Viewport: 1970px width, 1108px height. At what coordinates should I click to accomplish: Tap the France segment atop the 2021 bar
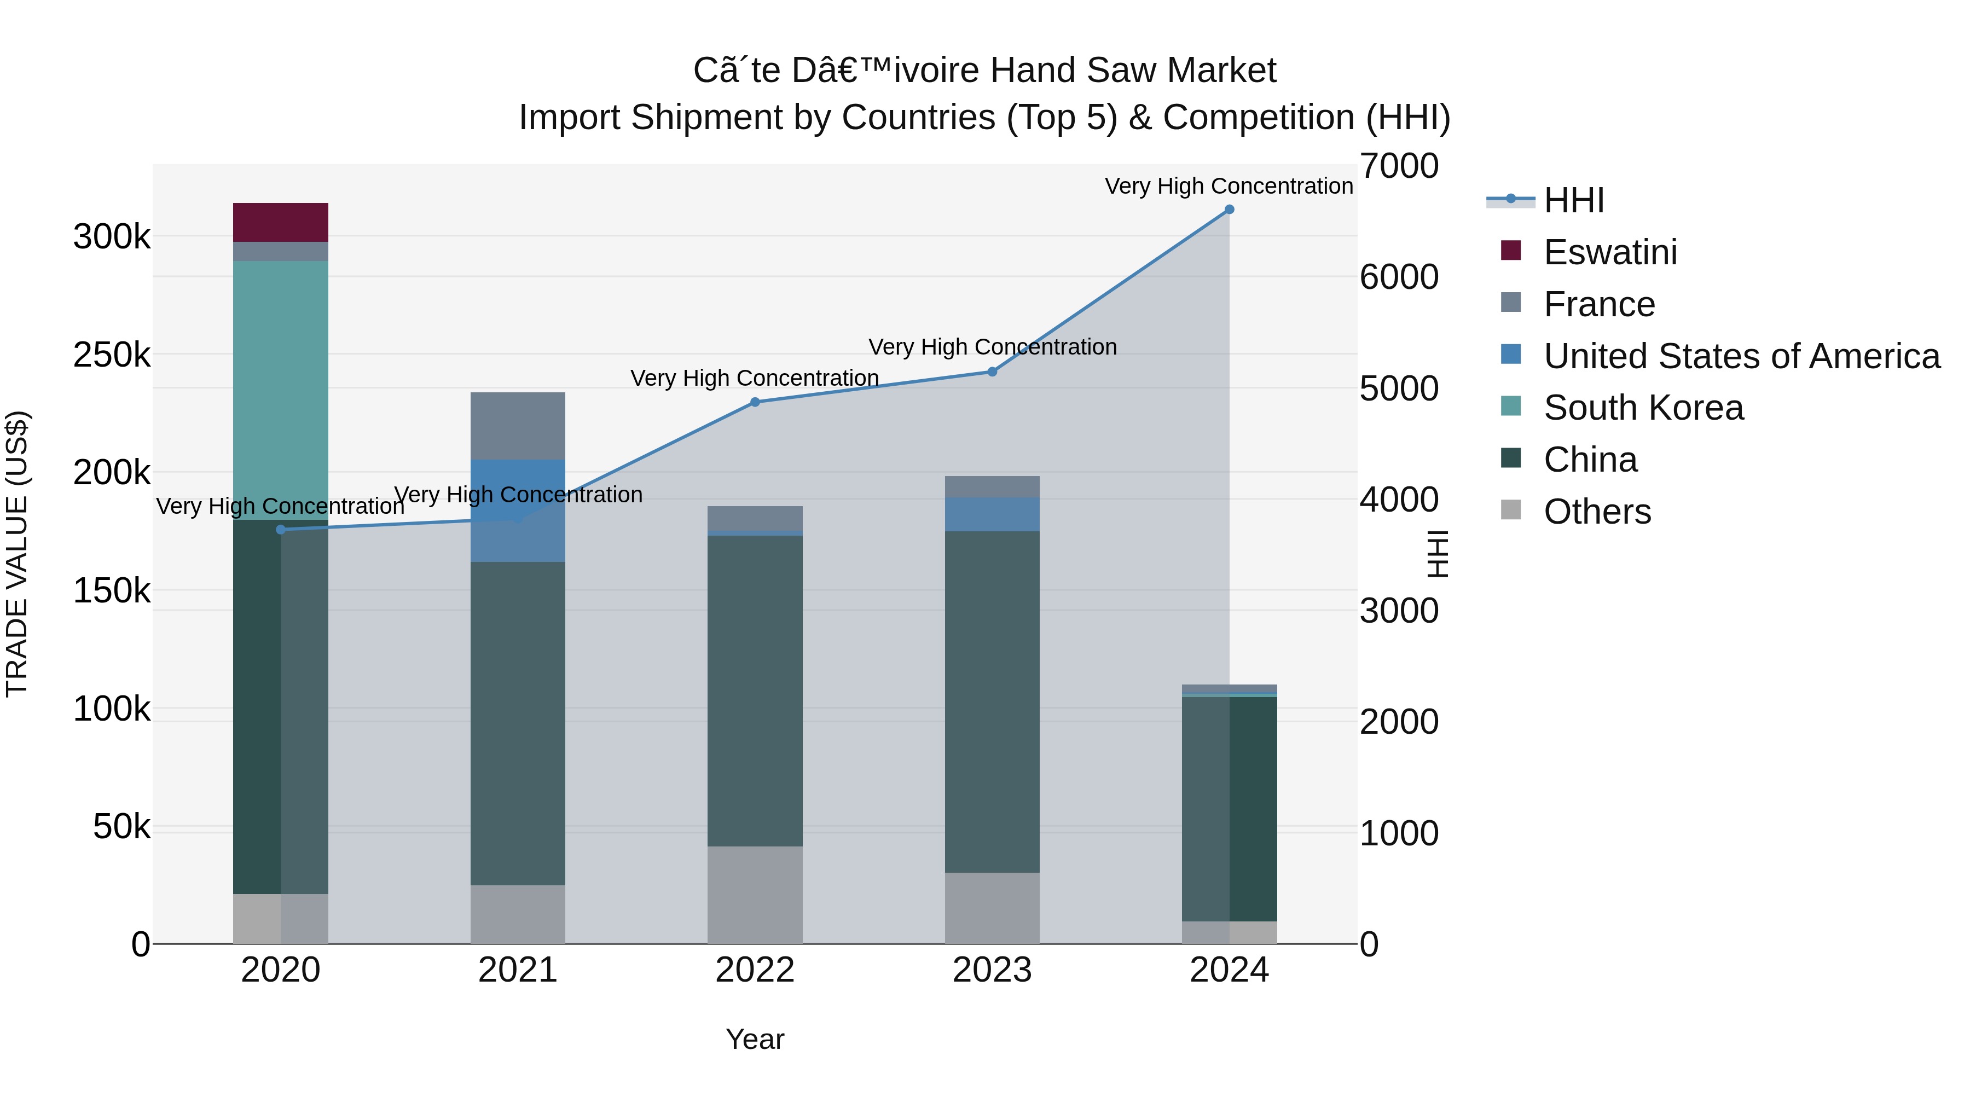518,426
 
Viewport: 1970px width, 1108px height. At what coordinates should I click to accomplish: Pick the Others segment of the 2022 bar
755,895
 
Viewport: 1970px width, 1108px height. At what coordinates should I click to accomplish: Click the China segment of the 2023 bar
992,702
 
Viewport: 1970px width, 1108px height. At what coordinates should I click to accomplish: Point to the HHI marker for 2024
1229,210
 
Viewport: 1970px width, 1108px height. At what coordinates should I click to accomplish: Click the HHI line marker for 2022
755,402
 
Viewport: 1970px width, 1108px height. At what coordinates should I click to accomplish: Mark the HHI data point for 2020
281,530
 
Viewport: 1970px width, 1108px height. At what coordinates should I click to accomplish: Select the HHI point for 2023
992,372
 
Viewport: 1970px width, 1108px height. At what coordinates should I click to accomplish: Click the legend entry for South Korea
1643,408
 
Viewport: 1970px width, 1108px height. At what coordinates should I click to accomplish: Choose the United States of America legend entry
1741,356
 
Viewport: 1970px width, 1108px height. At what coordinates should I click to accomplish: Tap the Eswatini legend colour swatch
1510,251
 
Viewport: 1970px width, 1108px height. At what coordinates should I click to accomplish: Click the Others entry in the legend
1597,512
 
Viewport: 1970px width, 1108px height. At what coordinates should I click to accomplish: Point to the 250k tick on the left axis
112,355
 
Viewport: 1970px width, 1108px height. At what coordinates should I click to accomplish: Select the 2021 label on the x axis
518,970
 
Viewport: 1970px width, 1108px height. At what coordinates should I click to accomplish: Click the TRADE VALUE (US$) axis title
17,554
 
